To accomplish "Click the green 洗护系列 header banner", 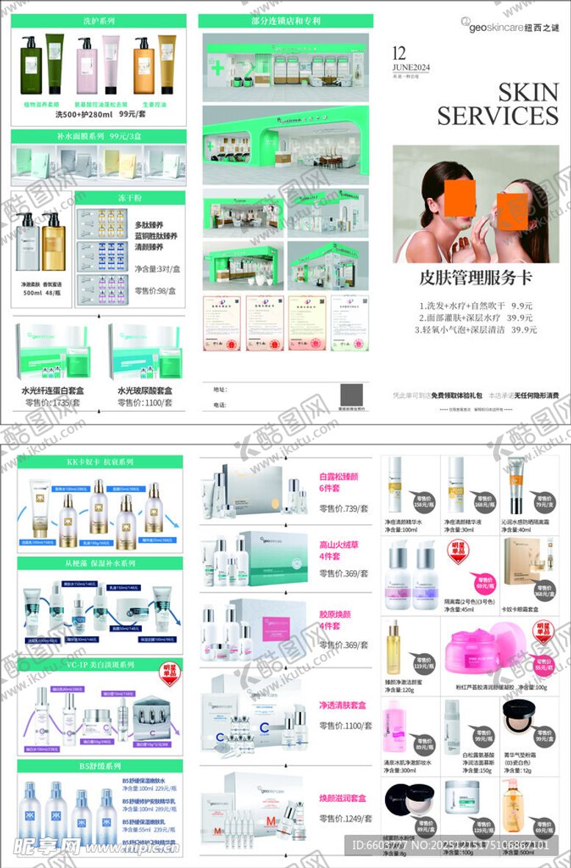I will tap(98, 21).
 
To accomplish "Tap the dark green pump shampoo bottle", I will tap(30, 68).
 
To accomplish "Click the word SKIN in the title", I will tap(528, 93).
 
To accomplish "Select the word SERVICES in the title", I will tap(498, 115).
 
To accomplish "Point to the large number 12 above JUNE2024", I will tap(400, 53).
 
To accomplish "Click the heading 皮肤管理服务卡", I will tap(475, 279).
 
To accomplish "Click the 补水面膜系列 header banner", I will tap(98, 136).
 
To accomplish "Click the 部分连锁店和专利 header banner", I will tap(285, 21).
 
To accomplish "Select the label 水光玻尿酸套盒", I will tap(145, 391).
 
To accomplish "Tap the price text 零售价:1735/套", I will tap(52, 403).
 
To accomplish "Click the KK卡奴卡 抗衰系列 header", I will tap(101, 462).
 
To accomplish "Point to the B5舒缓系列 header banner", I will tap(100, 766).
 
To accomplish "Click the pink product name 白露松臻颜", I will tap(338, 477).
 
